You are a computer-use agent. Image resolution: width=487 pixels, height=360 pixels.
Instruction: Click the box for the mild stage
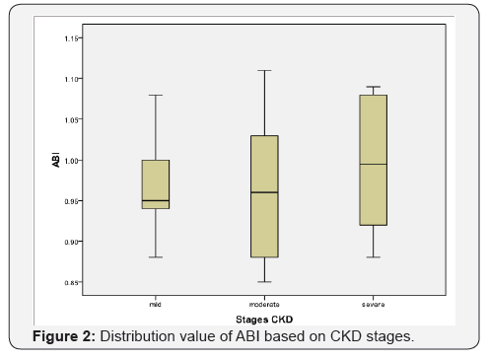156,183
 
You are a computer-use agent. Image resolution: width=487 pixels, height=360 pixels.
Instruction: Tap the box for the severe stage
374,160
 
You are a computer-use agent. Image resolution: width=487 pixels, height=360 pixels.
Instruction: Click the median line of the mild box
156,200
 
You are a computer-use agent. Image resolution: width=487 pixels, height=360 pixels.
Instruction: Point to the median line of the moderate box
264,192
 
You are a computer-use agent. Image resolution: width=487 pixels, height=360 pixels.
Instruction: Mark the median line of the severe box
374,164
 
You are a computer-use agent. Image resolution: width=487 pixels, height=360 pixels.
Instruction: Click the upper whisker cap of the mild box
156,96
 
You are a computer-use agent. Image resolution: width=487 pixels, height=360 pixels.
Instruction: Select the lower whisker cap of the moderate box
264,281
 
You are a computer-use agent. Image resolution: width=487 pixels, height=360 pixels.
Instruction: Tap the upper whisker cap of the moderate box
264,71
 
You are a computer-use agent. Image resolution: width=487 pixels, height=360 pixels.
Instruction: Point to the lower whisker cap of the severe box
374,256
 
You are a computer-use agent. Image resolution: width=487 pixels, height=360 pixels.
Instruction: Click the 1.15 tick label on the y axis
72,38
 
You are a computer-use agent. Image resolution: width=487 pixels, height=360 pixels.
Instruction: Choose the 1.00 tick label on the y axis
72,160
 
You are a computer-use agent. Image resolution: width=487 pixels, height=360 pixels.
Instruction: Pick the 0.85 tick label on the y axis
72,281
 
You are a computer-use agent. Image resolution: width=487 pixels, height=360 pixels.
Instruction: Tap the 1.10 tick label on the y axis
72,79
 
